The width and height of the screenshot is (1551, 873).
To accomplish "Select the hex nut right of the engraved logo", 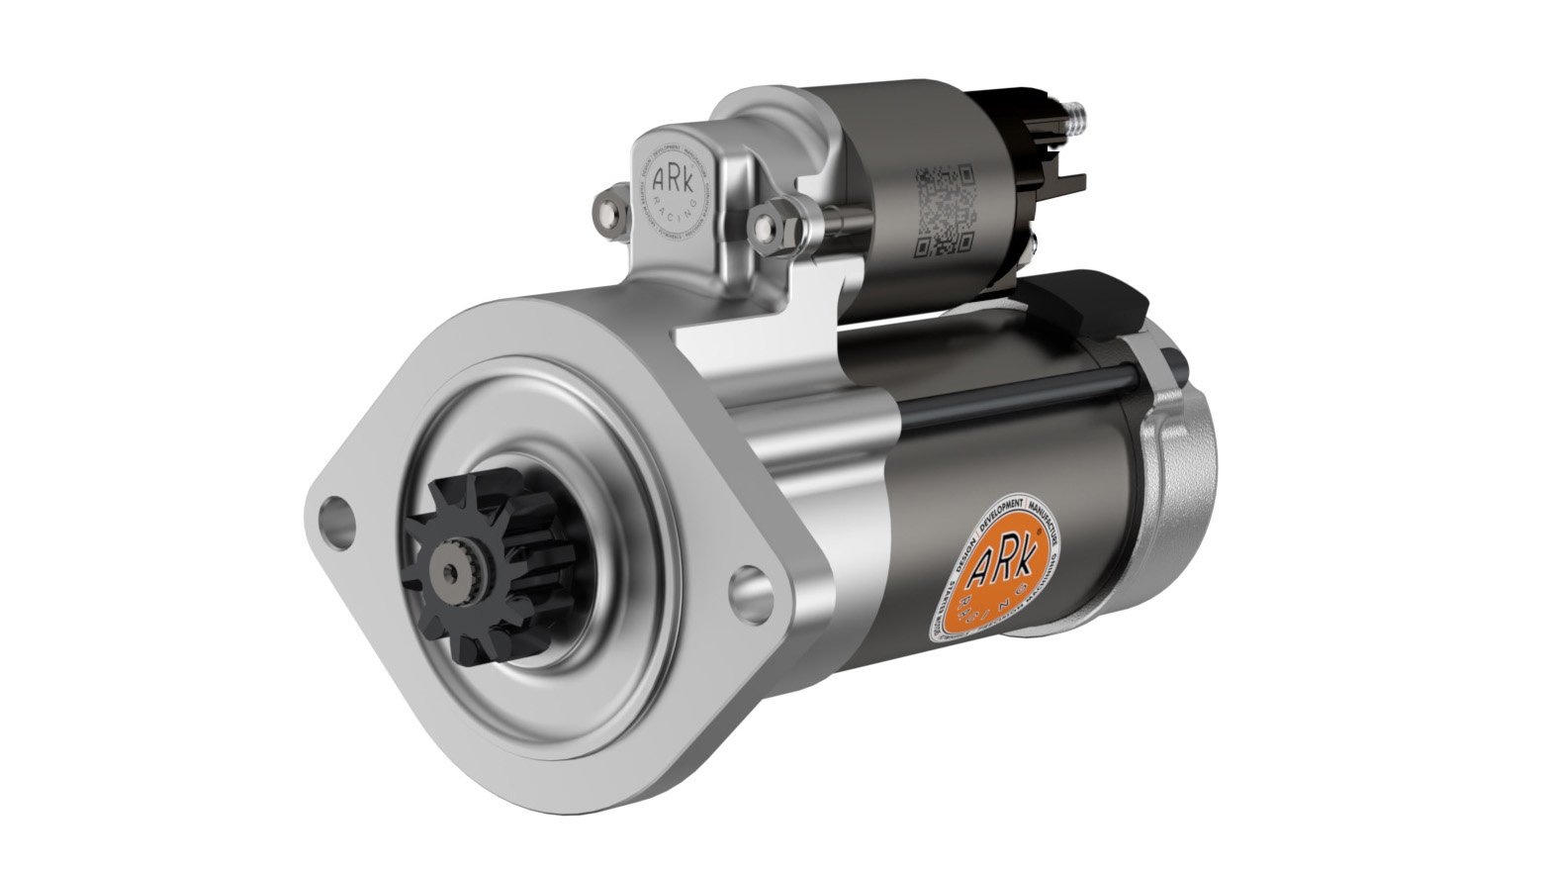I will (769, 225).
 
